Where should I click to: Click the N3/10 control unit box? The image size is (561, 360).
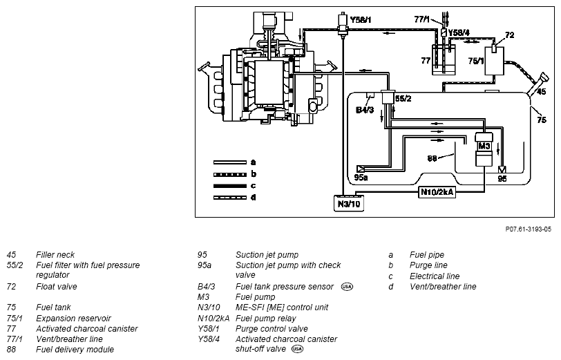point(349,204)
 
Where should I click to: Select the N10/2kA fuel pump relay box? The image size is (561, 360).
point(437,192)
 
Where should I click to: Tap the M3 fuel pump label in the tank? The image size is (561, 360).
point(484,146)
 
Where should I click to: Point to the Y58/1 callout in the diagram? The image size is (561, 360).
point(361,19)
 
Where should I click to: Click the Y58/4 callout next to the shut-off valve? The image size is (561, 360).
point(459,32)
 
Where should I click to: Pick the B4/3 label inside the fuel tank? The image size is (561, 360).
point(365,110)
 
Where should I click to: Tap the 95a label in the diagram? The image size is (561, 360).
point(361,177)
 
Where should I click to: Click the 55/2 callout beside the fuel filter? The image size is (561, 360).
point(403,98)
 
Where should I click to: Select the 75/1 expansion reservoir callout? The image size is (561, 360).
point(476,61)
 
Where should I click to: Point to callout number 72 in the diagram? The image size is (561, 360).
point(510,35)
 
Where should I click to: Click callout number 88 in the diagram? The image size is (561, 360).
point(432,158)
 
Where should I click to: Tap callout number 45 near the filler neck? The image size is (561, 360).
point(542,92)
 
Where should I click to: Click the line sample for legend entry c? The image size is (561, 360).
point(229,186)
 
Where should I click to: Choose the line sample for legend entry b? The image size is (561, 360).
point(229,175)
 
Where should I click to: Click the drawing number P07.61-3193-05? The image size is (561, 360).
point(528,229)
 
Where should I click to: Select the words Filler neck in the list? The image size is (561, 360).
point(55,255)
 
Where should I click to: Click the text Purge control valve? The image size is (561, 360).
point(272,329)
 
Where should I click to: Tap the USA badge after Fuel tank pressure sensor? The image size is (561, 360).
point(347,287)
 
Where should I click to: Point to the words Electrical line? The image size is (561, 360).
point(435,276)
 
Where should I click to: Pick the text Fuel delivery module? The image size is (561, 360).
point(75,349)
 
